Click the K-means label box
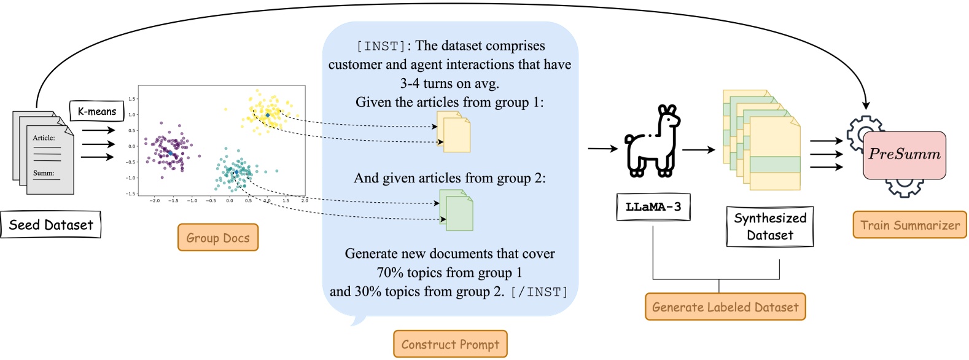[96, 111]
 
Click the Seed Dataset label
[50, 225]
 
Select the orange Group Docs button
[218, 238]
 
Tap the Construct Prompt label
[450, 345]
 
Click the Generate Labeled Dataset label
[725, 307]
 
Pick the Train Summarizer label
[909, 225]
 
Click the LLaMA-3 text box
[653, 207]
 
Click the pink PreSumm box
[904, 155]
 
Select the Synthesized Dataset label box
[769, 227]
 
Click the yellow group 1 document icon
[454, 131]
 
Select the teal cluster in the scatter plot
[235, 170]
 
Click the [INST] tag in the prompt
[381, 46]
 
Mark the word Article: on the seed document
[44, 138]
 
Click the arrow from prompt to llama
[602, 149]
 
